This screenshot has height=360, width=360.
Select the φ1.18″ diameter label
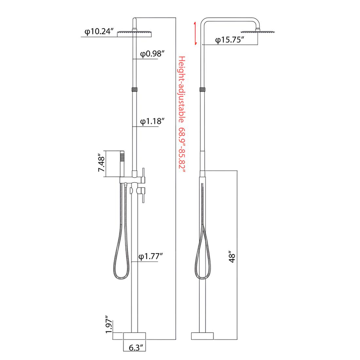[153, 121]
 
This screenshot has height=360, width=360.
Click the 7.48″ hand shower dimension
[101, 163]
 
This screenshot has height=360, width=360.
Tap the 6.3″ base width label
[137, 348]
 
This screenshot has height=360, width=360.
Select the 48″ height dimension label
[232, 258]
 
